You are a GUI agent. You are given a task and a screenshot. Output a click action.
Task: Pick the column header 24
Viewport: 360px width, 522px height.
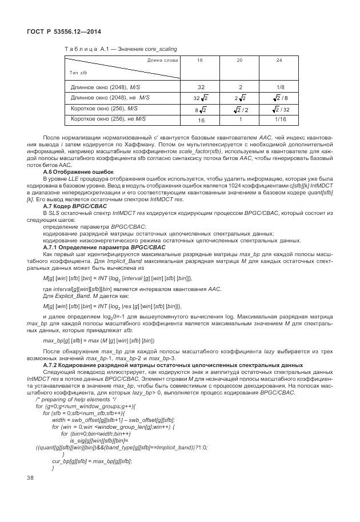pyautogui.click(x=279, y=60)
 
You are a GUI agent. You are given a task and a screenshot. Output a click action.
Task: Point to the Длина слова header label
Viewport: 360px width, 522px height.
pyautogui.click(x=163, y=60)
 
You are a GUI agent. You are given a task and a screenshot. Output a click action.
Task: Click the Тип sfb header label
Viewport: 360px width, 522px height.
pyautogui.click(x=79, y=73)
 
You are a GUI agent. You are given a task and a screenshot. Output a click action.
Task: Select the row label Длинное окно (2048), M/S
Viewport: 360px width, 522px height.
pyautogui.click(x=105, y=87)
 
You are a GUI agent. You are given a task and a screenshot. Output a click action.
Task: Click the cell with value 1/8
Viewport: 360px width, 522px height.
pyautogui.click(x=279, y=87)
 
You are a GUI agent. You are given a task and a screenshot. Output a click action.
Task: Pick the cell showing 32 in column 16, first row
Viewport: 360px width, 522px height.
pyautogui.click(x=201, y=87)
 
